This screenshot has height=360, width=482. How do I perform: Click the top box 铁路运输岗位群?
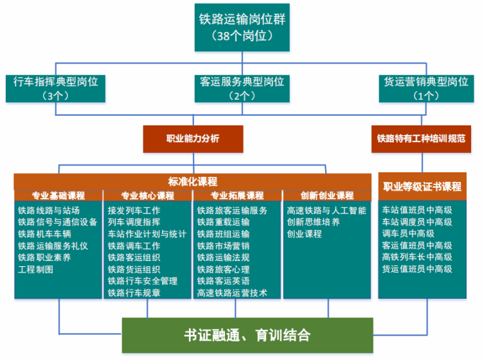pos(242,26)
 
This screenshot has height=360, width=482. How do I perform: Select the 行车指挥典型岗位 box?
pos(55,88)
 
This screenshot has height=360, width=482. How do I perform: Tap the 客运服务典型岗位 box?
pos(242,88)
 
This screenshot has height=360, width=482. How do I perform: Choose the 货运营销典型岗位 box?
pos(426,88)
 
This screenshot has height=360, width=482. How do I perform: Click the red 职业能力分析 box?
pos(193,138)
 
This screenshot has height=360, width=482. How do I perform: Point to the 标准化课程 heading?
pos(192,181)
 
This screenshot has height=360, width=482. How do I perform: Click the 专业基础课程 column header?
pos(58,195)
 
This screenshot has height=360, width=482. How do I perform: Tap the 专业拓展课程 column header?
pos(237,195)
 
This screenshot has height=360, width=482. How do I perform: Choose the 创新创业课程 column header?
pos(327,195)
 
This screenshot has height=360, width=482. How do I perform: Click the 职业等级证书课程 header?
pos(422,187)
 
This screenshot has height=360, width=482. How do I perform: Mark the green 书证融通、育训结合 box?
pos(247,335)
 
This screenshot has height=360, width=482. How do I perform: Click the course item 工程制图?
pos(36,269)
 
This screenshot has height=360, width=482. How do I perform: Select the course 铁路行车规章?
pos(134,293)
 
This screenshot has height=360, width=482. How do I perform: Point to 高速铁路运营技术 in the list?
pos(232,293)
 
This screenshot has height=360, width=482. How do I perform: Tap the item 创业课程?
pos(305,234)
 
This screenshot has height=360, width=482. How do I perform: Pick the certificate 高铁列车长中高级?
pos(417,257)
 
